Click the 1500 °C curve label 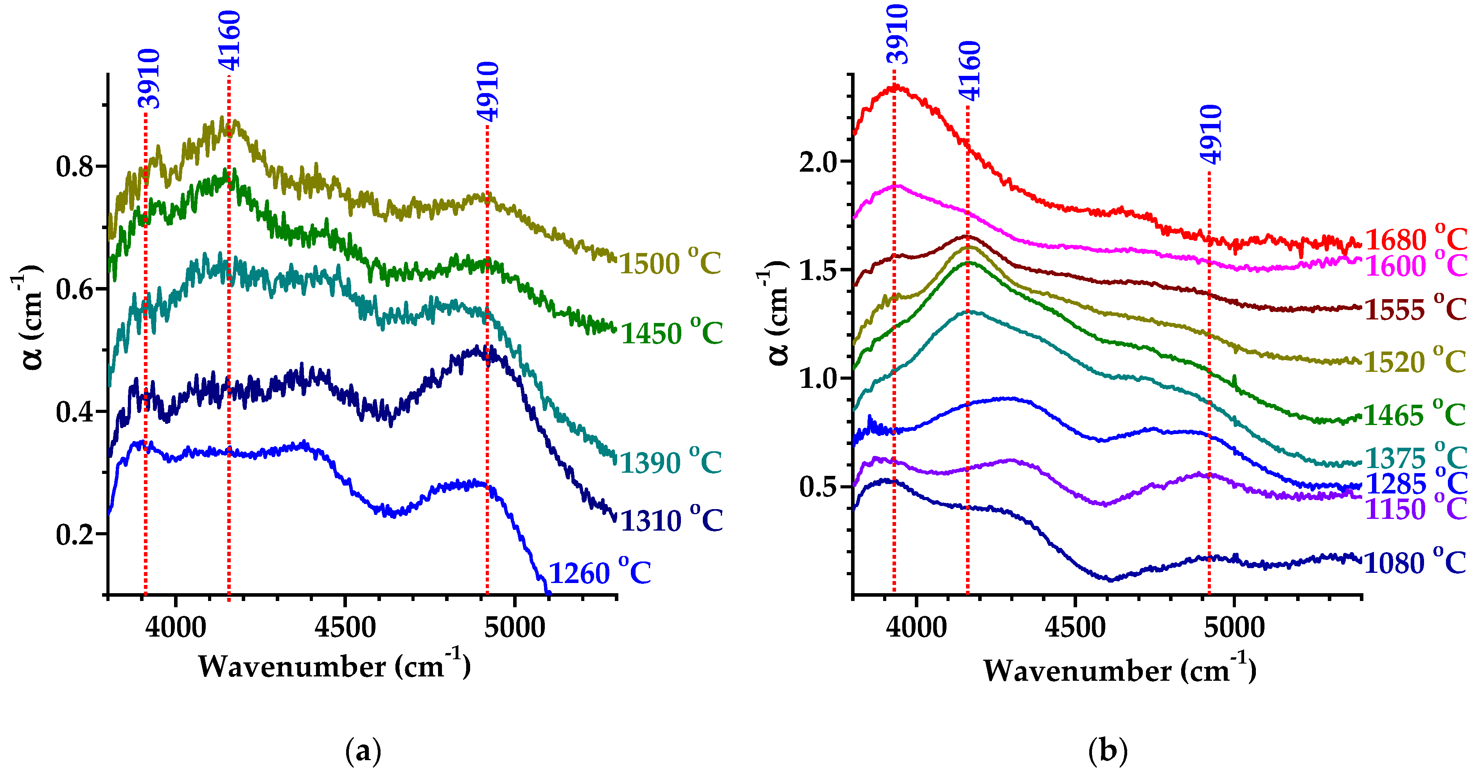(670, 263)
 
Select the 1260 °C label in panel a (600, 572)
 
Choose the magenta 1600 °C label (1415, 266)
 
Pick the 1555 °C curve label (1415, 309)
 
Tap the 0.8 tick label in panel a (74, 167)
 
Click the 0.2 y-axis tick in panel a (74, 535)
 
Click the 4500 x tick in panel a (345, 627)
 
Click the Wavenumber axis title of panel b (1119, 669)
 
